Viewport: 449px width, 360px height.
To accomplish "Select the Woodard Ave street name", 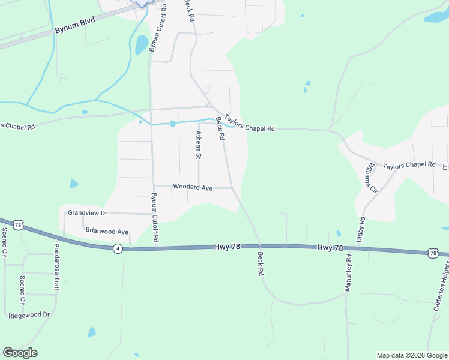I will pos(193,188).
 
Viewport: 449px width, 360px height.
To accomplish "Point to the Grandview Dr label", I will pos(87,213).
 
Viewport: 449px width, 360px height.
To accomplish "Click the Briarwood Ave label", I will pos(107,231).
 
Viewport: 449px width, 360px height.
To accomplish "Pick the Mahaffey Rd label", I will pos(348,272).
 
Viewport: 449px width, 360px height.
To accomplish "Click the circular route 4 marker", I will pos(118,248).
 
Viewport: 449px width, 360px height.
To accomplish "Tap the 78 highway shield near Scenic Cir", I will pos(18,225).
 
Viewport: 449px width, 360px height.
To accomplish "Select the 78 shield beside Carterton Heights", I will pos(433,254).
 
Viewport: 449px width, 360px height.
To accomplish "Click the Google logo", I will pos(20,353).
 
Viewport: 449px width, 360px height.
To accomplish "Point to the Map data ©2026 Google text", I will pos(412,355).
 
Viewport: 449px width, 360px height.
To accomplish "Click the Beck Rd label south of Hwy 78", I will pos(261,263).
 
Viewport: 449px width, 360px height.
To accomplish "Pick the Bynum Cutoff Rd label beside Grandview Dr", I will pos(155,218).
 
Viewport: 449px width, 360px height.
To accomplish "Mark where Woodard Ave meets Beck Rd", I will pos(232,188).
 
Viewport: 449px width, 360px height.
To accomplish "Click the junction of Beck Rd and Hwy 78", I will pos(260,245).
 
